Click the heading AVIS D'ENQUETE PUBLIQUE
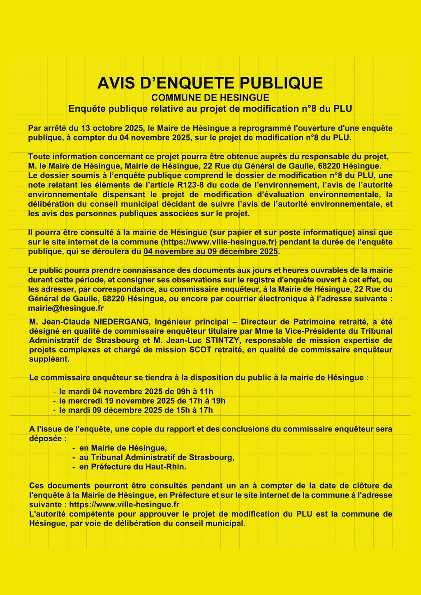pos(210,83)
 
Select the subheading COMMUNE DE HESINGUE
pos(210,98)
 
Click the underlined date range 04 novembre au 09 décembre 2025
pos(210,251)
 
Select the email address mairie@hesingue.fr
pos(66,308)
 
